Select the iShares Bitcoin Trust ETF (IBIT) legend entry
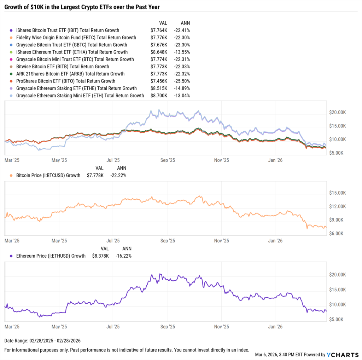(x=68, y=30)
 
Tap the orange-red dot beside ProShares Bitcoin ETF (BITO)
(x=12, y=81)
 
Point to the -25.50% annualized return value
(x=182, y=81)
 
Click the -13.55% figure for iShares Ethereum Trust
(x=182, y=52)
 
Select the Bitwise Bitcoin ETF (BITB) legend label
(x=63, y=67)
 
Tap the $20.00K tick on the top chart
(x=337, y=112)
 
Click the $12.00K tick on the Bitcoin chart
(x=337, y=206)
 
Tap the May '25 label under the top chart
(x=59, y=160)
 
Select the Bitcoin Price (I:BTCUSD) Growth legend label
(x=48, y=175)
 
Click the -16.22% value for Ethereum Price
(x=123, y=256)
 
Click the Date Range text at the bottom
(x=42, y=341)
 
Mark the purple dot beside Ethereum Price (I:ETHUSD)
(x=12, y=256)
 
